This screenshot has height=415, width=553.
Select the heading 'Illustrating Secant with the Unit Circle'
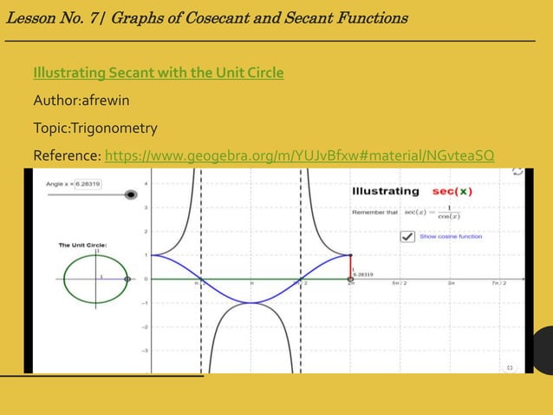(158, 72)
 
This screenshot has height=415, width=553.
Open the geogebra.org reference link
(299, 156)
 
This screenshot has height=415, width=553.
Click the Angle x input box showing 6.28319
(87, 183)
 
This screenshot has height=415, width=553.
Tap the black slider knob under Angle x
(131, 195)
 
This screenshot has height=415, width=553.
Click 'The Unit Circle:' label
(82, 246)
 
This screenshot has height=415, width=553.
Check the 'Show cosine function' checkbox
(406, 236)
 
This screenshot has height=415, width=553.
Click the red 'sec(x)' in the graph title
(452, 191)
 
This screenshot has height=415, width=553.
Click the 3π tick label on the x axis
(450, 283)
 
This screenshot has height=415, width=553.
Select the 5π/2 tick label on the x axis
(400, 283)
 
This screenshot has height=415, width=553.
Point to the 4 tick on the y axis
(146, 183)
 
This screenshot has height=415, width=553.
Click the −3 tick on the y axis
(145, 350)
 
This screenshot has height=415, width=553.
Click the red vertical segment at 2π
(350, 267)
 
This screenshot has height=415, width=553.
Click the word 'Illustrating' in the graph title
(385, 191)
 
